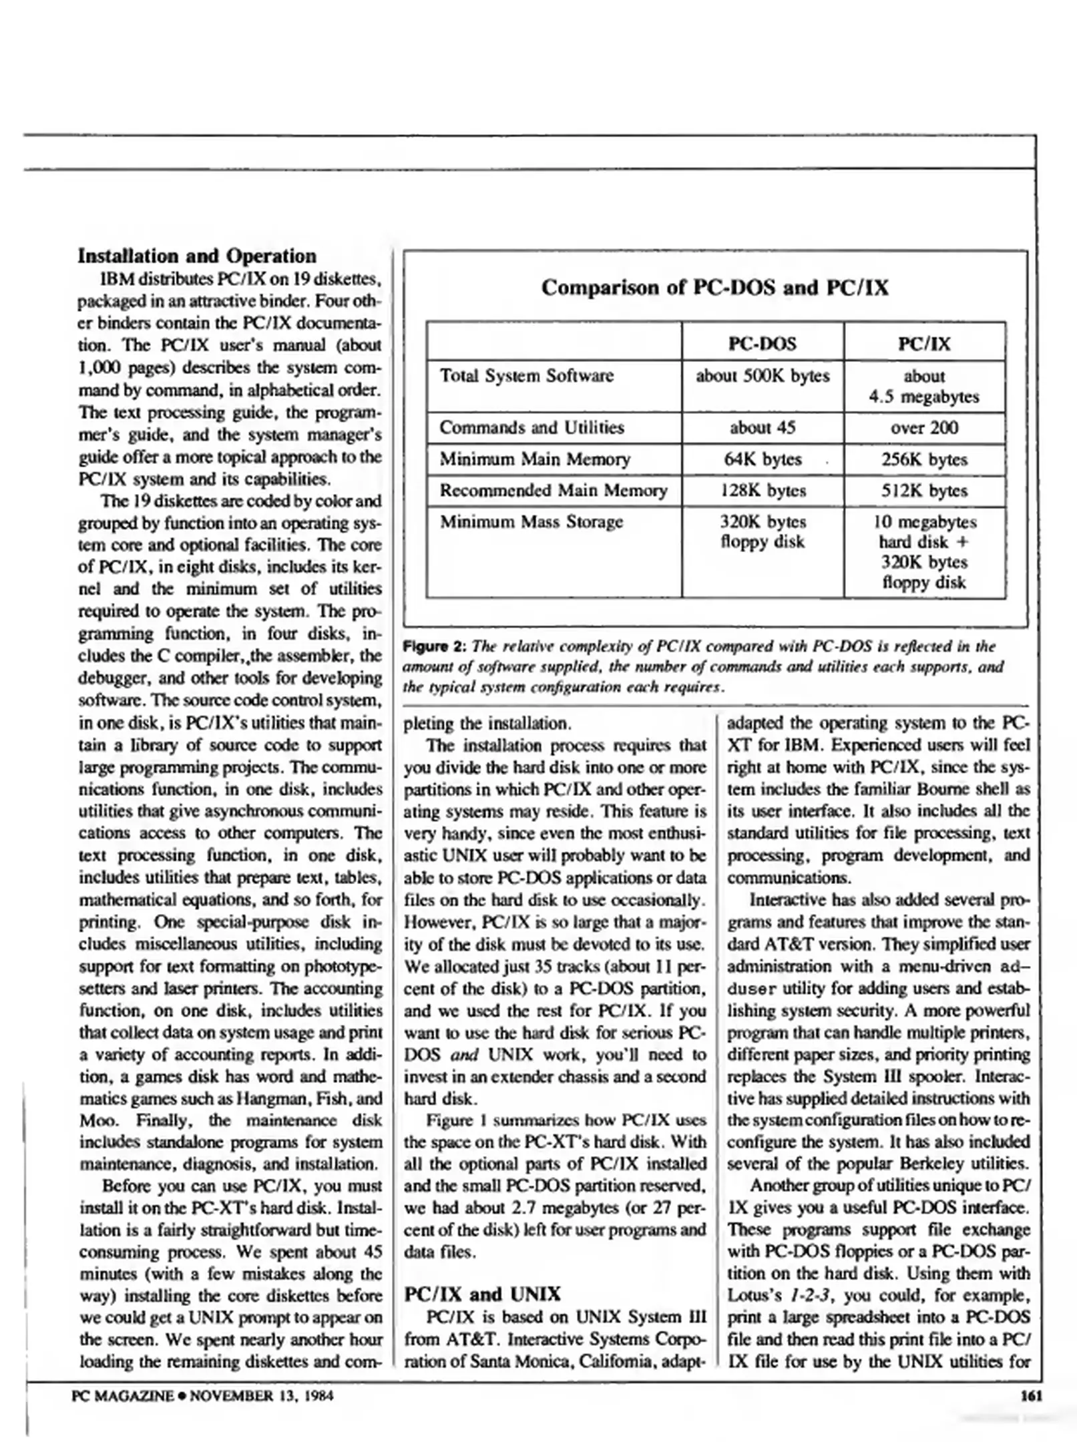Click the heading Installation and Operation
(197, 256)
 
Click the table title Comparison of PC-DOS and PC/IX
(714, 288)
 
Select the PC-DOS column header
(762, 344)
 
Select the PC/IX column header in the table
(924, 344)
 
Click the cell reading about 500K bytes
(762, 376)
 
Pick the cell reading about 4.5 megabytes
(924, 387)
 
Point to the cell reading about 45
(762, 427)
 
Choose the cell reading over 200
(924, 427)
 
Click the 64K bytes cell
(762, 459)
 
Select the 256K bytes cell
(924, 459)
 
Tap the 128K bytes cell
(762, 491)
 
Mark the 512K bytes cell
(924, 491)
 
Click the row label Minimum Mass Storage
(531, 521)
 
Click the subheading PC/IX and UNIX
(482, 1294)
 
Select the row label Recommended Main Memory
(553, 491)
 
